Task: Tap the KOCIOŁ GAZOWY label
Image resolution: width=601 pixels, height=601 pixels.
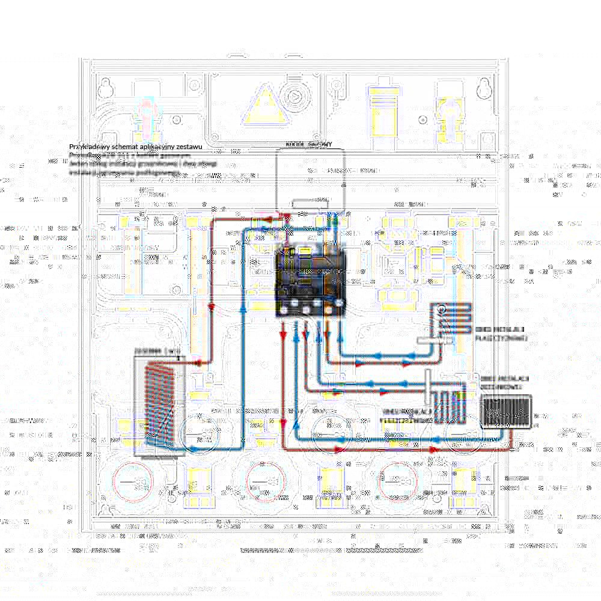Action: [309, 145]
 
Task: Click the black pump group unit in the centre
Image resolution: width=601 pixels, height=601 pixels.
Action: [311, 279]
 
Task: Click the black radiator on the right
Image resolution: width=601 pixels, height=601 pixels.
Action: [504, 413]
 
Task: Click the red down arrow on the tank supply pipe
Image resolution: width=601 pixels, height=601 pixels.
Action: [212, 307]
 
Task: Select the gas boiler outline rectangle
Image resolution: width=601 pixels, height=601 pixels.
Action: [310, 180]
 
